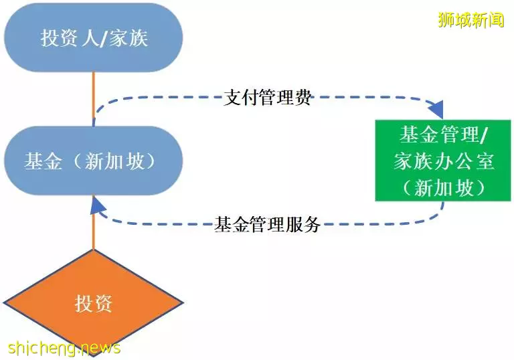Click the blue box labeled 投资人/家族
pos(94,37)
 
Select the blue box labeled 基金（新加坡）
pos(94,161)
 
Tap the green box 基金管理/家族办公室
pos(443,161)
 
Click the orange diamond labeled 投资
pos(94,303)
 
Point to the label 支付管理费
pos(268,98)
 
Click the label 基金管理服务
pos(268,225)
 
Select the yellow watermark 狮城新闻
pos(471,19)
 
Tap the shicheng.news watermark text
pos(64,347)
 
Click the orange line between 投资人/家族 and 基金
pos(94,99)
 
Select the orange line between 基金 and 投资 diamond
pos(94,222)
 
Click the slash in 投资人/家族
pos(103,38)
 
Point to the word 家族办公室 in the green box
pos(444,161)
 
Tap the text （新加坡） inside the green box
pos(444,188)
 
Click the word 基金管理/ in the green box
pos(444,134)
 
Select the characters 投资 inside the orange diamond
pos(94,303)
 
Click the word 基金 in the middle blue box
pos(43,161)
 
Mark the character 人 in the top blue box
pos(90,38)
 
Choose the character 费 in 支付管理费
pos(303,98)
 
